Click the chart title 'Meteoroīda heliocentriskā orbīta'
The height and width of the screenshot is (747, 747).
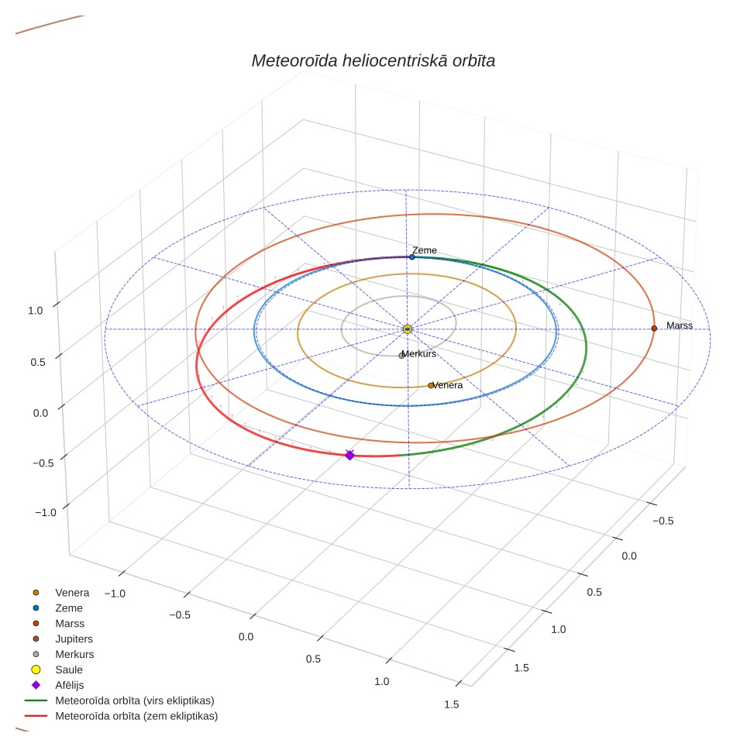click(x=373, y=60)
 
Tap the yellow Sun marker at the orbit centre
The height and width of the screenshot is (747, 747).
click(x=408, y=329)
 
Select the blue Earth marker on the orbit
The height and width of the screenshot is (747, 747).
click(x=412, y=257)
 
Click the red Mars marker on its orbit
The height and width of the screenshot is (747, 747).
click(x=654, y=329)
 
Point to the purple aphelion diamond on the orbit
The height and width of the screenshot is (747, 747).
click(x=349, y=456)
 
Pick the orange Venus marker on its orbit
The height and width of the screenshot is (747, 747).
click(x=431, y=385)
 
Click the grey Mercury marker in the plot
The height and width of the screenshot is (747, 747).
click(x=401, y=356)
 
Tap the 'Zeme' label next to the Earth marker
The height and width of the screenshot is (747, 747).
click(x=425, y=250)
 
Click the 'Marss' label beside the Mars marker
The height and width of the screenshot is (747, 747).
click(x=680, y=325)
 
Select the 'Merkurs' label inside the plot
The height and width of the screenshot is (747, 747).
click(x=419, y=353)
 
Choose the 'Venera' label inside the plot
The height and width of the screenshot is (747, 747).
click(x=448, y=385)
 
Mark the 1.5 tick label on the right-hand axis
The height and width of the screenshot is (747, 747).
click(x=522, y=668)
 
